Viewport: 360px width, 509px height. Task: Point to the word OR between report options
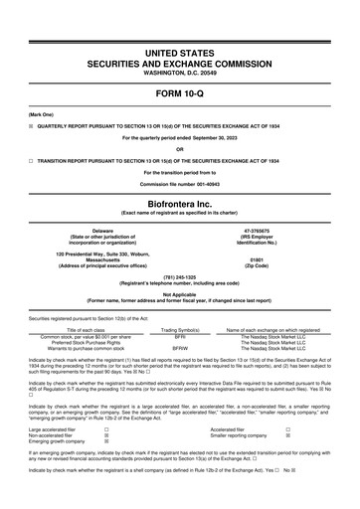(x=180, y=149)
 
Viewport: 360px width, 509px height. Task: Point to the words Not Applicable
(x=180, y=294)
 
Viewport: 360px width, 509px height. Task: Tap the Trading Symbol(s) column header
(x=181, y=331)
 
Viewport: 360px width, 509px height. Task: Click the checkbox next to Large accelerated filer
(x=106, y=428)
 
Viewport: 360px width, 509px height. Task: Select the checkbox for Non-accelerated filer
(x=106, y=435)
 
